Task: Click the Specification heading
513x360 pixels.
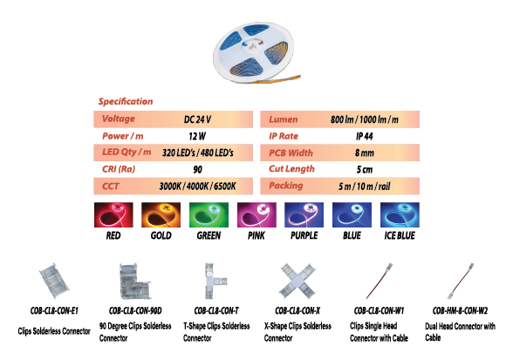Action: (126, 102)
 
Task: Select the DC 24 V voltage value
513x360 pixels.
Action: (197, 119)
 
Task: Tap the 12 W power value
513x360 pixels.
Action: (197, 136)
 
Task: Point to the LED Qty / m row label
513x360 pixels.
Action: (127, 152)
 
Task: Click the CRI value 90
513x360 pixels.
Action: (197, 169)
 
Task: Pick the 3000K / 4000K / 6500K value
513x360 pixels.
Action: (197, 187)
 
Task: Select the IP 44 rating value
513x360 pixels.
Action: (365, 136)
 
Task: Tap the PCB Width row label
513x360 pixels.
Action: (291, 153)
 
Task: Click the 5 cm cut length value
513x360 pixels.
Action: (365, 170)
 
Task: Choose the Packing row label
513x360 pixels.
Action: (286, 186)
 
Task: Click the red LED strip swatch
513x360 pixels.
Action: (113, 214)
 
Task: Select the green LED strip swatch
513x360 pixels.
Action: (209, 214)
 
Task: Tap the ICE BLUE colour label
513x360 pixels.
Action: (400, 235)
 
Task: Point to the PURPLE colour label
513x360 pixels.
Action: (304, 235)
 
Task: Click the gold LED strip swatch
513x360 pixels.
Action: (161, 214)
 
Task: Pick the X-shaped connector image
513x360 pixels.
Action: (298, 281)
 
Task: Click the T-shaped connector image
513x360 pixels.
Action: (215, 281)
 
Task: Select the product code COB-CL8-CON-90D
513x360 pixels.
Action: (135, 310)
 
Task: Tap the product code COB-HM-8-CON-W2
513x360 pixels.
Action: (460, 310)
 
